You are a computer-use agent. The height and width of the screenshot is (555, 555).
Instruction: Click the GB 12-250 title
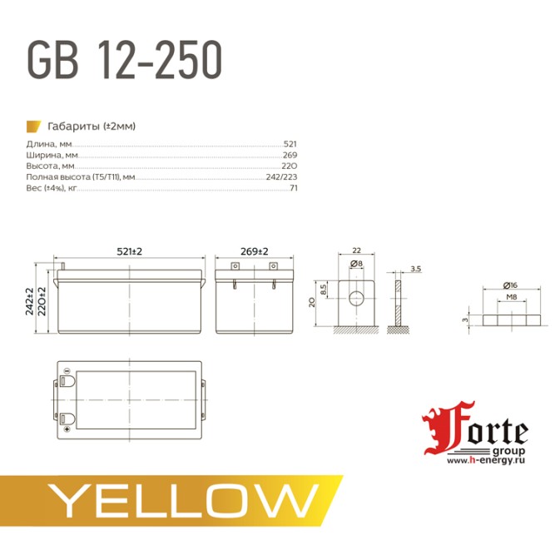point(125,61)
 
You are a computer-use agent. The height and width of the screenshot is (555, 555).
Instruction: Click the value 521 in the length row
point(290,144)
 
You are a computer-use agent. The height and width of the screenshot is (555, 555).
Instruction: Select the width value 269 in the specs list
point(290,156)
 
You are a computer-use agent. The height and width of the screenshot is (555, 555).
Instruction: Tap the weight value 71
point(294,189)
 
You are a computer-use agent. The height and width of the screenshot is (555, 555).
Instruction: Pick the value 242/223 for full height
point(281,177)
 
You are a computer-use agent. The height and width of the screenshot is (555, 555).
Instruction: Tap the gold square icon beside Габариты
point(33,126)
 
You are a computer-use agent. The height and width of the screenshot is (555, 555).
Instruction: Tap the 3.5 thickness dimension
point(417,269)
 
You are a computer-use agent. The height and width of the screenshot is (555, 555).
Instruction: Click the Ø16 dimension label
point(511,285)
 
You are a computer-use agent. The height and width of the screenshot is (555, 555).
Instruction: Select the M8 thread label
point(513,296)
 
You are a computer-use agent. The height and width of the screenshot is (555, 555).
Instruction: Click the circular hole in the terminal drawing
point(355,299)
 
